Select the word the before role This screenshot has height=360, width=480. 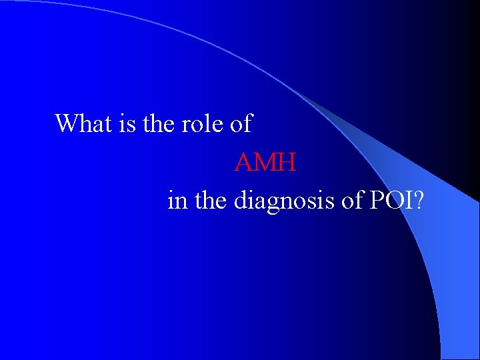point(160,123)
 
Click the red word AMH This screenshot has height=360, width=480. point(265,162)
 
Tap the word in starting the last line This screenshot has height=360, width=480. point(177,201)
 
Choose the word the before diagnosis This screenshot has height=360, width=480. point(210,201)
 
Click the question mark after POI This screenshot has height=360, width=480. point(417,201)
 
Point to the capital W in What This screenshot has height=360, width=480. point(67,123)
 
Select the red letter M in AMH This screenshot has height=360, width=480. point(265,162)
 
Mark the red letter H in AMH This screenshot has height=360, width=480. point(287,162)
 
